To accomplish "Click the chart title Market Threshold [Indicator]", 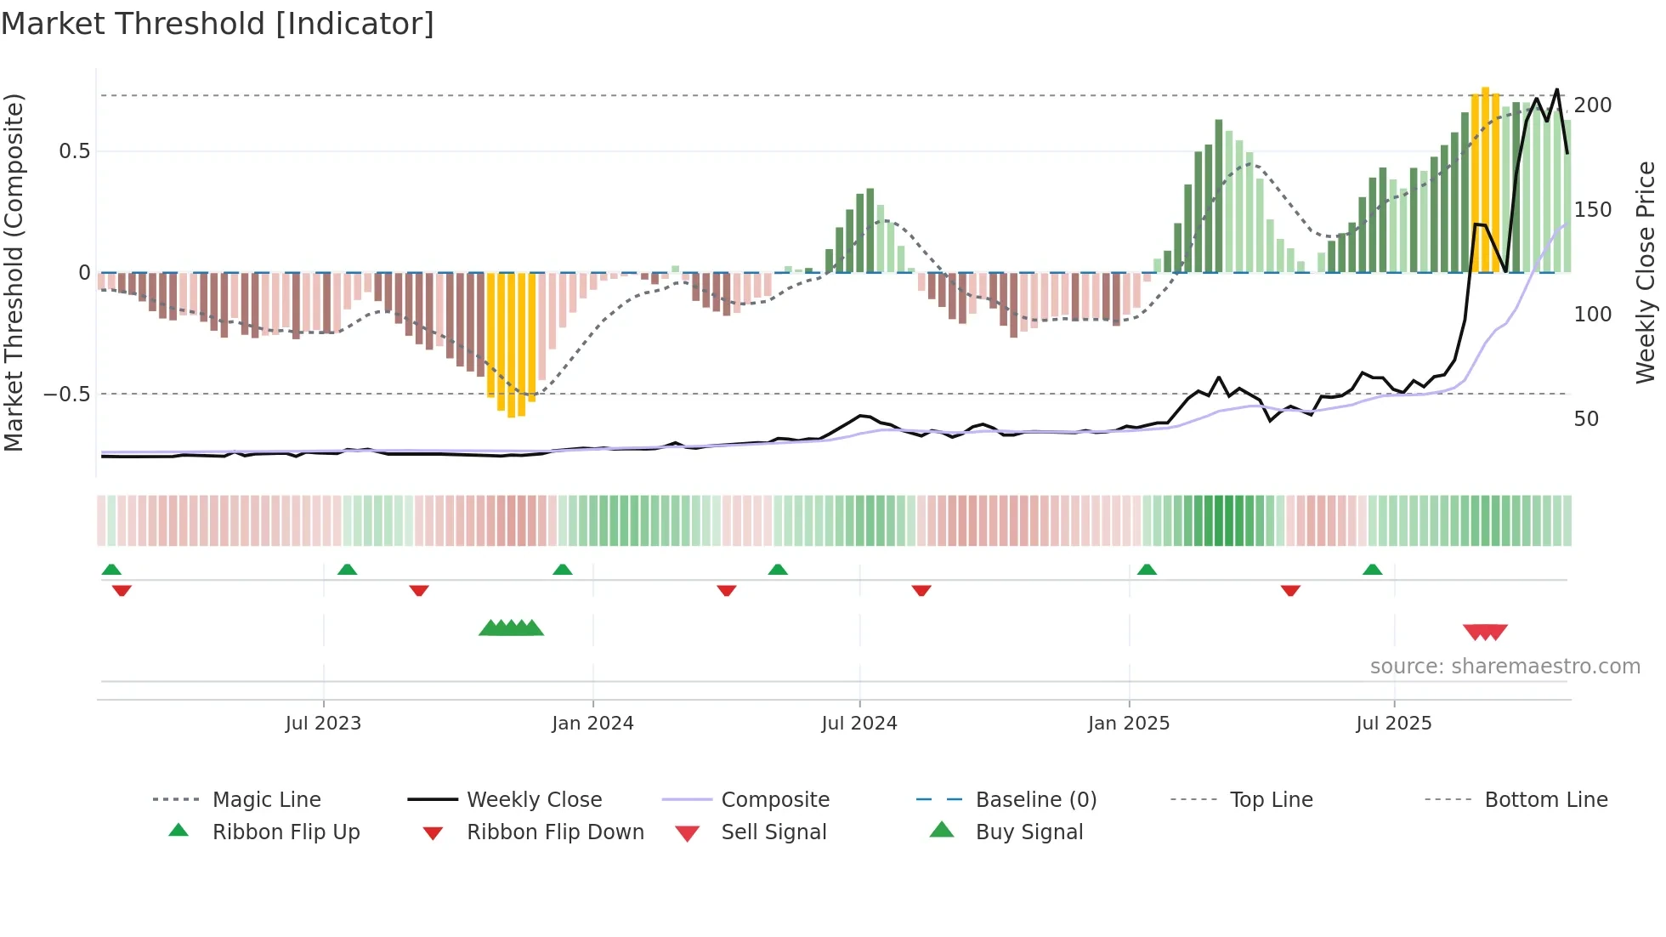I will pos(218,24).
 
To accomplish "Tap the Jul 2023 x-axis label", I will pos(323,724).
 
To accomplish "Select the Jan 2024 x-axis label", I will pos(592,724).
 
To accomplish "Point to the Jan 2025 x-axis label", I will pos(1129,724).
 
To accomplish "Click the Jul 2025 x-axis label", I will pos(1394,724).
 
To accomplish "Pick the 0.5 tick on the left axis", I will pos(74,151).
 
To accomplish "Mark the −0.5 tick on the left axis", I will pos(67,395).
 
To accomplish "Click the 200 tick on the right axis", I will pos(1592,105).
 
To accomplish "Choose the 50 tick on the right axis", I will pos(1586,419).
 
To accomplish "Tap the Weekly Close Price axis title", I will pos(1646,272).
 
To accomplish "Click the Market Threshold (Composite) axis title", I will pos(14,272).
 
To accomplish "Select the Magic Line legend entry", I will pos(266,800).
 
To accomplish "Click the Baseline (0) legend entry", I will pos(1035,800).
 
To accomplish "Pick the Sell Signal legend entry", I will pos(773,832).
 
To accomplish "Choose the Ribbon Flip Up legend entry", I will pos(286,832).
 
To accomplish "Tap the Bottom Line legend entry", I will pos(1545,800).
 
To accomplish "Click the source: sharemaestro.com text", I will pos(1504,667).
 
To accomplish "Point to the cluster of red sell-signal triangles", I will pos(1485,632).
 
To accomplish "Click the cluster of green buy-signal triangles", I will pos(511,628).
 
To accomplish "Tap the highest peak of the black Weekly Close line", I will pos(1557,89).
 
